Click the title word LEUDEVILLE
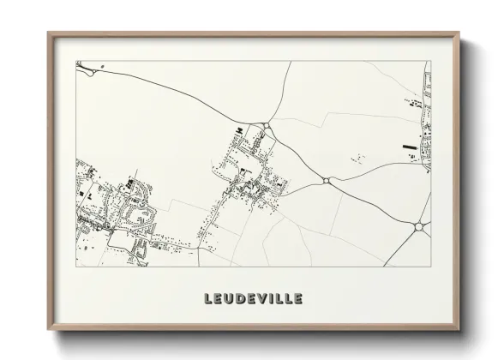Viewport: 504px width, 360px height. coord(252,299)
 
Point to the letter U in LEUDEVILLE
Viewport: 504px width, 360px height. coord(226,299)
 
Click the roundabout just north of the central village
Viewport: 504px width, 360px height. coord(267,127)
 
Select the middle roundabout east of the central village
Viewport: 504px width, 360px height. coord(327,181)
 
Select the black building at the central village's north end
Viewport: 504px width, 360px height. coord(239,130)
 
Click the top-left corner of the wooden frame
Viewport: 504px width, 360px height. coord(49,33)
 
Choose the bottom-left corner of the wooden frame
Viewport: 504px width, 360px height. coord(49,327)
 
